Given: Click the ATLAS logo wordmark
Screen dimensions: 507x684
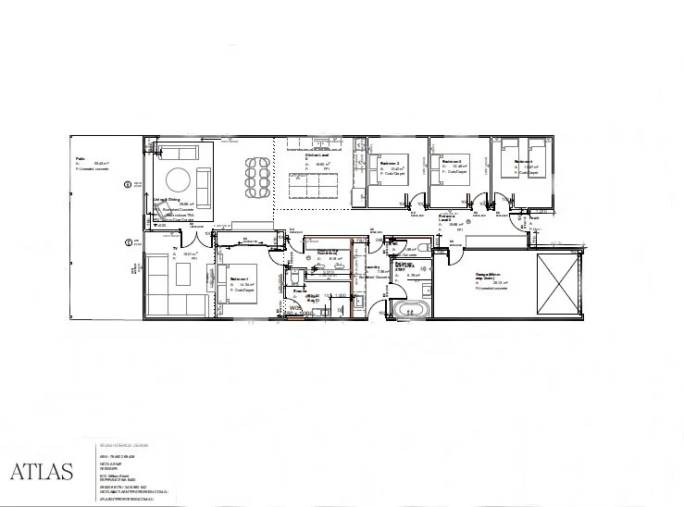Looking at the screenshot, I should tap(42, 471).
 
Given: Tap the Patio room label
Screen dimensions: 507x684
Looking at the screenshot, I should tap(81, 159).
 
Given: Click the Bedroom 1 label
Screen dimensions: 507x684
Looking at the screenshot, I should tap(240, 278).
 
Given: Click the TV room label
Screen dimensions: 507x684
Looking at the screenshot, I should tap(174, 248).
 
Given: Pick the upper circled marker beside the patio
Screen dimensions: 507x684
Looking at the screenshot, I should tap(128, 185).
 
